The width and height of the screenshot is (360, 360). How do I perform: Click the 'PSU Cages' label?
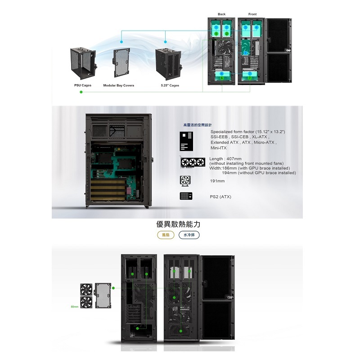pyautogui.click(x=83, y=85)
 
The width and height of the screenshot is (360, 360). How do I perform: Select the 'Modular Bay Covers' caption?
pyautogui.click(x=119, y=85)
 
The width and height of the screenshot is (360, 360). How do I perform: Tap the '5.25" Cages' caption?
pyautogui.click(x=170, y=85)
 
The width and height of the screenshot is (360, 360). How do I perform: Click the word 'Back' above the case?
pyautogui.click(x=221, y=14)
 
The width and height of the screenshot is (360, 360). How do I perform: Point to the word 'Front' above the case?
pyautogui.click(x=252, y=14)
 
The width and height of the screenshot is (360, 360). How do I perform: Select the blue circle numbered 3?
pyautogui.click(x=245, y=27)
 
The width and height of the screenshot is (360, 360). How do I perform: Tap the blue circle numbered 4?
pyautogui.click(x=256, y=27)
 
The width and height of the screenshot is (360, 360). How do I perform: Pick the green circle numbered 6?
pyautogui.click(x=221, y=78)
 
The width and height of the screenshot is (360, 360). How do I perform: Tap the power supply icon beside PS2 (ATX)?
pyautogui.click(x=186, y=197)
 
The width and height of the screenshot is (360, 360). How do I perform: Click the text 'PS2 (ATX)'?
pyautogui.click(x=220, y=197)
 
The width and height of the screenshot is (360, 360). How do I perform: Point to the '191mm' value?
pyautogui.click(x=217, y=181)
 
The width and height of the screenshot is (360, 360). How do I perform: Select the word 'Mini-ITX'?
pyautogui.click(x=219, y=148)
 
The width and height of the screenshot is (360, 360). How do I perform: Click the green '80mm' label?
pyautogui.click(x=75, y=307)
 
